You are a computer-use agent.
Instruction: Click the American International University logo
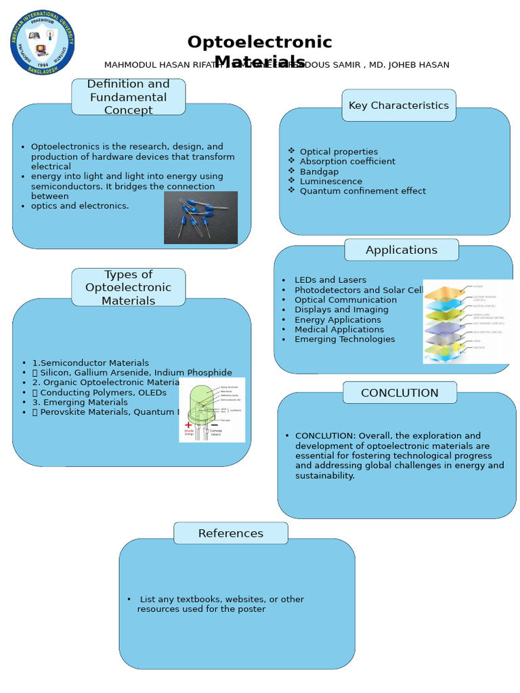[43, 42]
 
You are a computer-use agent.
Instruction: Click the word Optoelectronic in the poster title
[259, 43]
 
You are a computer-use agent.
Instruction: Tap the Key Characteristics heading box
[398, 106]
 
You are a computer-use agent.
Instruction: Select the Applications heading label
[401, 250]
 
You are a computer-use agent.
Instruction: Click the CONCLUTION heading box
[399, 393]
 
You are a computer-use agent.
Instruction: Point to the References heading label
[230, 534]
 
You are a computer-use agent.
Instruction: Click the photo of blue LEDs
[200, 217]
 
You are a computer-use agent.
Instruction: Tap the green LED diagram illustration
[211, 410]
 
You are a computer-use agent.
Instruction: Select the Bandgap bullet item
[319, 172]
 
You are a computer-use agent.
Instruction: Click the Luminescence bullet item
[330, 181]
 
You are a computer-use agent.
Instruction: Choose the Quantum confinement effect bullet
[362, 192]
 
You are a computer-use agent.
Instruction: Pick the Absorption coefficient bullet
[347, 162]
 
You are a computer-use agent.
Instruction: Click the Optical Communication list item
[345, 300]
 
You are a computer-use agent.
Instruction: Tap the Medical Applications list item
[339, 330]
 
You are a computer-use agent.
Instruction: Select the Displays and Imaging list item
[341, 310]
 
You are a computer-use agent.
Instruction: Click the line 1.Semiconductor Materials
[90, 363]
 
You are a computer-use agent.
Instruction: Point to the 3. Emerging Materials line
[79, 403]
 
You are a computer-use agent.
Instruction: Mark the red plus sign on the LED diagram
[188, 425]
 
